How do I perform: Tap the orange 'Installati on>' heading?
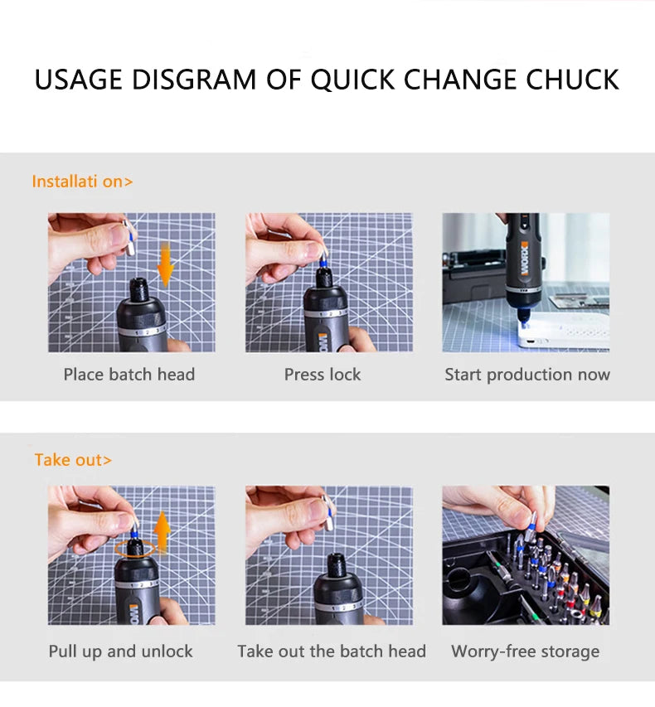pos(82,182)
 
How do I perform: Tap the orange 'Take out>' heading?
pos(73,459)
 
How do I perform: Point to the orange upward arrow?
pos(163,531)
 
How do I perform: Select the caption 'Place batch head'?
pos(129,375)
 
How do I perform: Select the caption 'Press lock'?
pos(323,375)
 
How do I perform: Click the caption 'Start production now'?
pos(527,375)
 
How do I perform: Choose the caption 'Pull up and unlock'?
pos(120,651)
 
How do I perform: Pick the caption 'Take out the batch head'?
pos(332,651)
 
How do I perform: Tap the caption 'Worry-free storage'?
pos(525,651)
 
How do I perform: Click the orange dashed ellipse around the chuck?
pos(135,548)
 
